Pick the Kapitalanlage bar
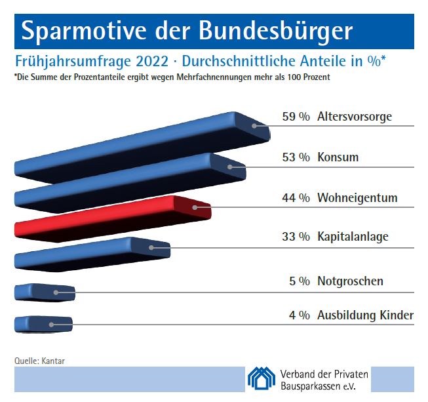pyautogui.click(x=92, y=253)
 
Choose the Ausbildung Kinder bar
pyautogui.click(x=43, y=324)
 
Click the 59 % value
pyautogui.click(x=296, y=117)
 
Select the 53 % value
pyautogui.click(x=296, y=157)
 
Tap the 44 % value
pyautogui.click(x=296, y=197)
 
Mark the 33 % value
pyautogui.click(x=296, y=237)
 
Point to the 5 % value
pyautogui.click(x=300, y=281)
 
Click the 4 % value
pyautogui.click(x=300, y=315)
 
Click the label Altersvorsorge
pyautogui.click(x=354, y=117)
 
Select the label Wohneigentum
pyautogui.click(x=357, y=197)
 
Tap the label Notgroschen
pyautogui.click(x=350, y=281)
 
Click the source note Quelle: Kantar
pyautogui.click(x=39, y=360)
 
